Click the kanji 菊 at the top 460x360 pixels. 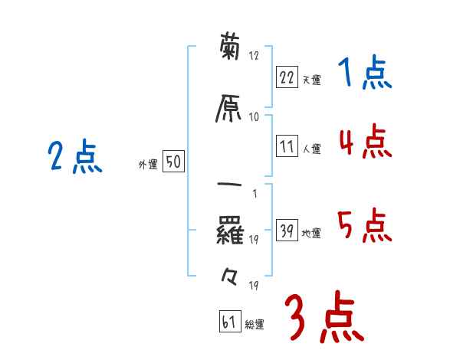[230, 49]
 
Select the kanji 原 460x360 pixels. [230, 110]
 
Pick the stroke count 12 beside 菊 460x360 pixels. [255, 56]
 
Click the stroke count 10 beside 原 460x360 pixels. [255, 116]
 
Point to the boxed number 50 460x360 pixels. [173, 162]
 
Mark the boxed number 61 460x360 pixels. [228, 322]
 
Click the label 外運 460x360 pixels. [148, 164]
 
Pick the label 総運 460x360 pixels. [255, 324]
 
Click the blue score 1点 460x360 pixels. [364, 74]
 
